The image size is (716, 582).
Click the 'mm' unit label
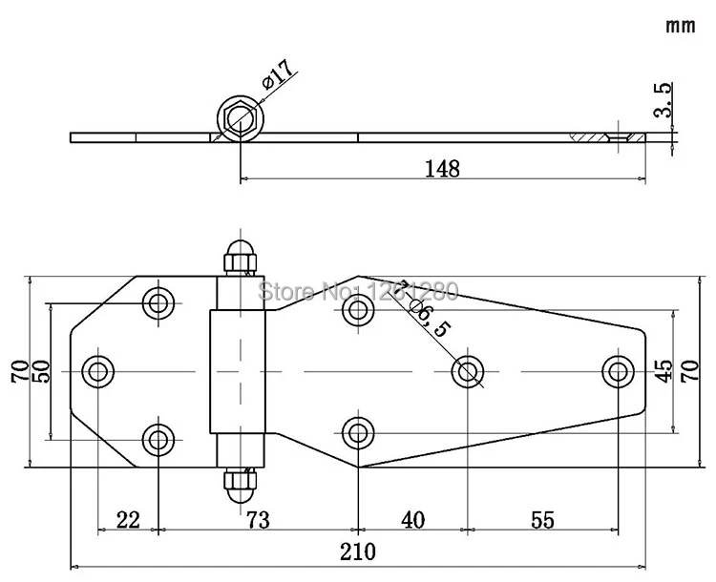680,26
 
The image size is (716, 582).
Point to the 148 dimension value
444,169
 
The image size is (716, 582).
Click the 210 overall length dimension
358,551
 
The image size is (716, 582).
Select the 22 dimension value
128,520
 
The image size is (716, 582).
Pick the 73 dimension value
258,520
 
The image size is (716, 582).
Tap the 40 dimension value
412,520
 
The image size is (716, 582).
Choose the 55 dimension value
541,520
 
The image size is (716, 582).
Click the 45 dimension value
663,370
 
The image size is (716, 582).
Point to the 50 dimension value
40,370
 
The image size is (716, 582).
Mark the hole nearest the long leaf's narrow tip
619,370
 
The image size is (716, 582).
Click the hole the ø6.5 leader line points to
468,370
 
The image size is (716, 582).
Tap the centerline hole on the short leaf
98,370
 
